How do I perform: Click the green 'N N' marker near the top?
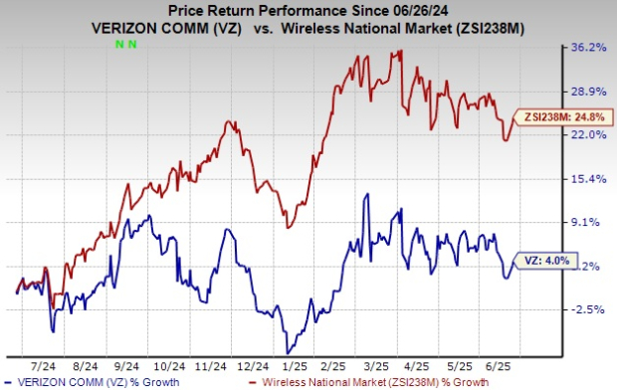(x=126, y=44)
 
